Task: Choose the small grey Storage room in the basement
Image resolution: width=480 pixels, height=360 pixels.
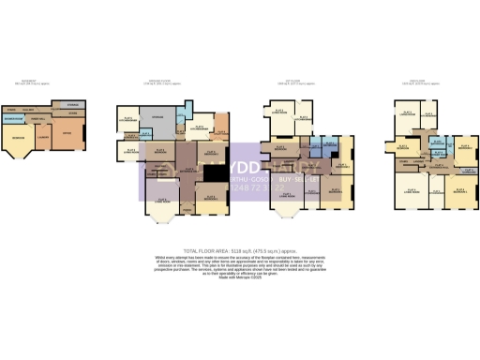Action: [72, 105]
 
